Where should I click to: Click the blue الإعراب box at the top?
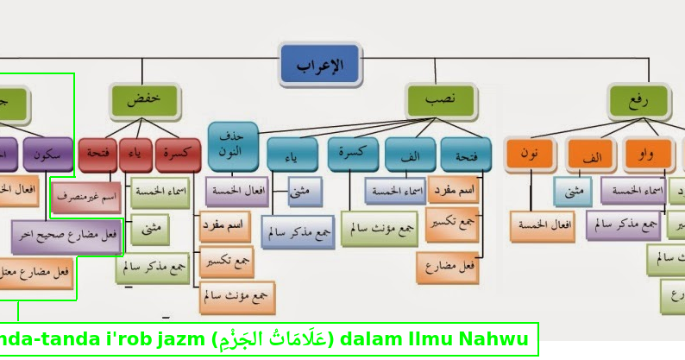(319, 65)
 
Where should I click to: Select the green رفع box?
(639, 100)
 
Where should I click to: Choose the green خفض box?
(145, 100)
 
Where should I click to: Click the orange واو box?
(647, 155)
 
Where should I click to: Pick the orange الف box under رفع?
(593, 156)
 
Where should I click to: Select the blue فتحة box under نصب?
(466, 155)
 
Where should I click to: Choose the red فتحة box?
(97, 154)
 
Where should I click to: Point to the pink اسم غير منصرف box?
(86, 197)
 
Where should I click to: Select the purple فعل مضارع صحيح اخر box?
(66, 236)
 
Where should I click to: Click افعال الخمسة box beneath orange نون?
(542, 225)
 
